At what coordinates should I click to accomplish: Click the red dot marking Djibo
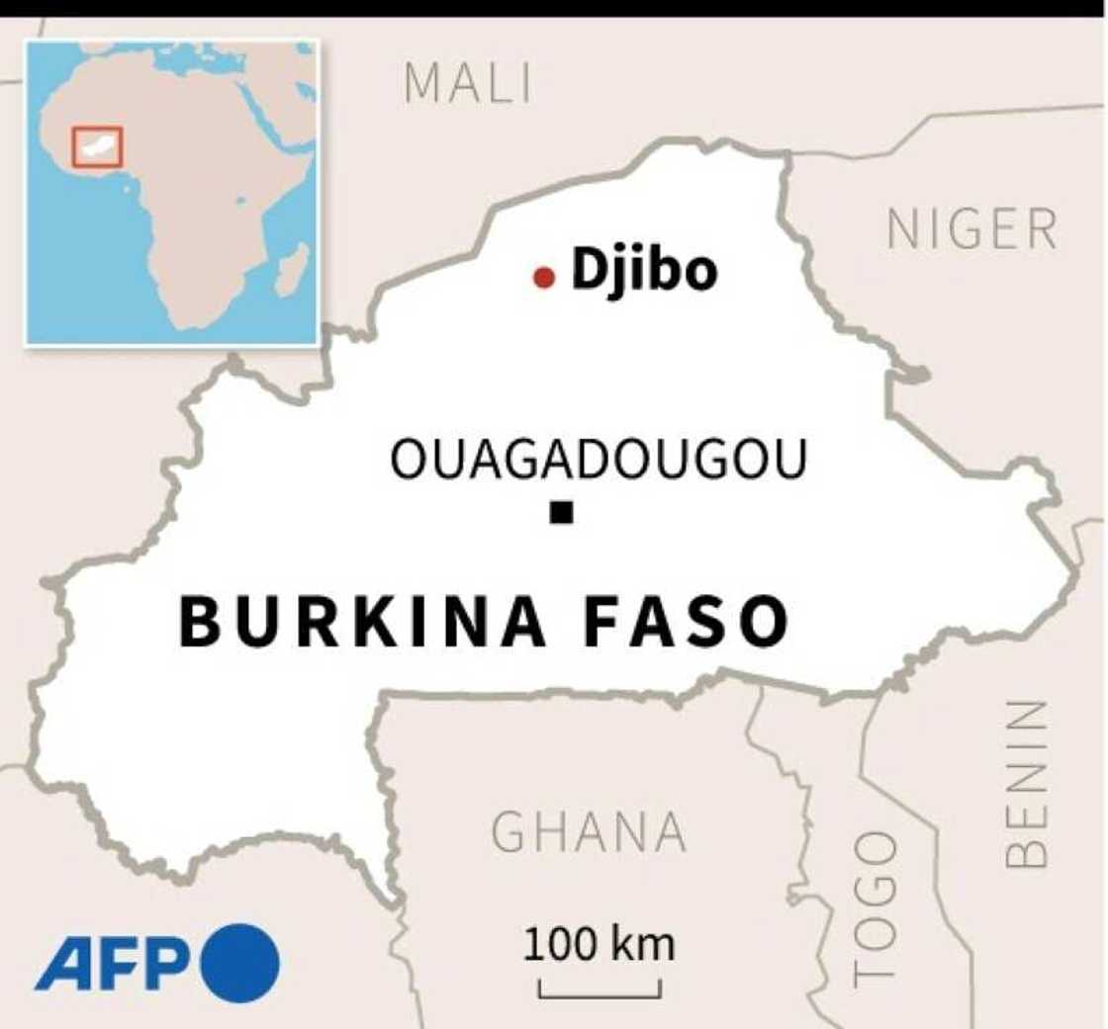click(x=543, y=278)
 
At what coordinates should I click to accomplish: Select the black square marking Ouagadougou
click(x=562, y=512)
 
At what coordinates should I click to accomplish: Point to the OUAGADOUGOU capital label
click(x=599, y=461)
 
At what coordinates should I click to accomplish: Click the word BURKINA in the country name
click(x=362, y=621)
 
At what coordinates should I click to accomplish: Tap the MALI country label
click(x=468, y=84)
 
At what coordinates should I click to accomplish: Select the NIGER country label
click(x=972, y=230)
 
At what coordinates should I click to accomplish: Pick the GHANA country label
click(x=589, y=832)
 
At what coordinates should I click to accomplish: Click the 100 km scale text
click(x=600, y=944)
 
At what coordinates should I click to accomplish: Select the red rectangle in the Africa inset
click(x=97, y=146)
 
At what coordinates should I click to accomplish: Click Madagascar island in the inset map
click(x=291, y=270)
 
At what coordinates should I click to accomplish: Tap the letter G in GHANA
click(x=509, y=832)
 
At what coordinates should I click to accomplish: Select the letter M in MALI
click(x=420, y=84)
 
